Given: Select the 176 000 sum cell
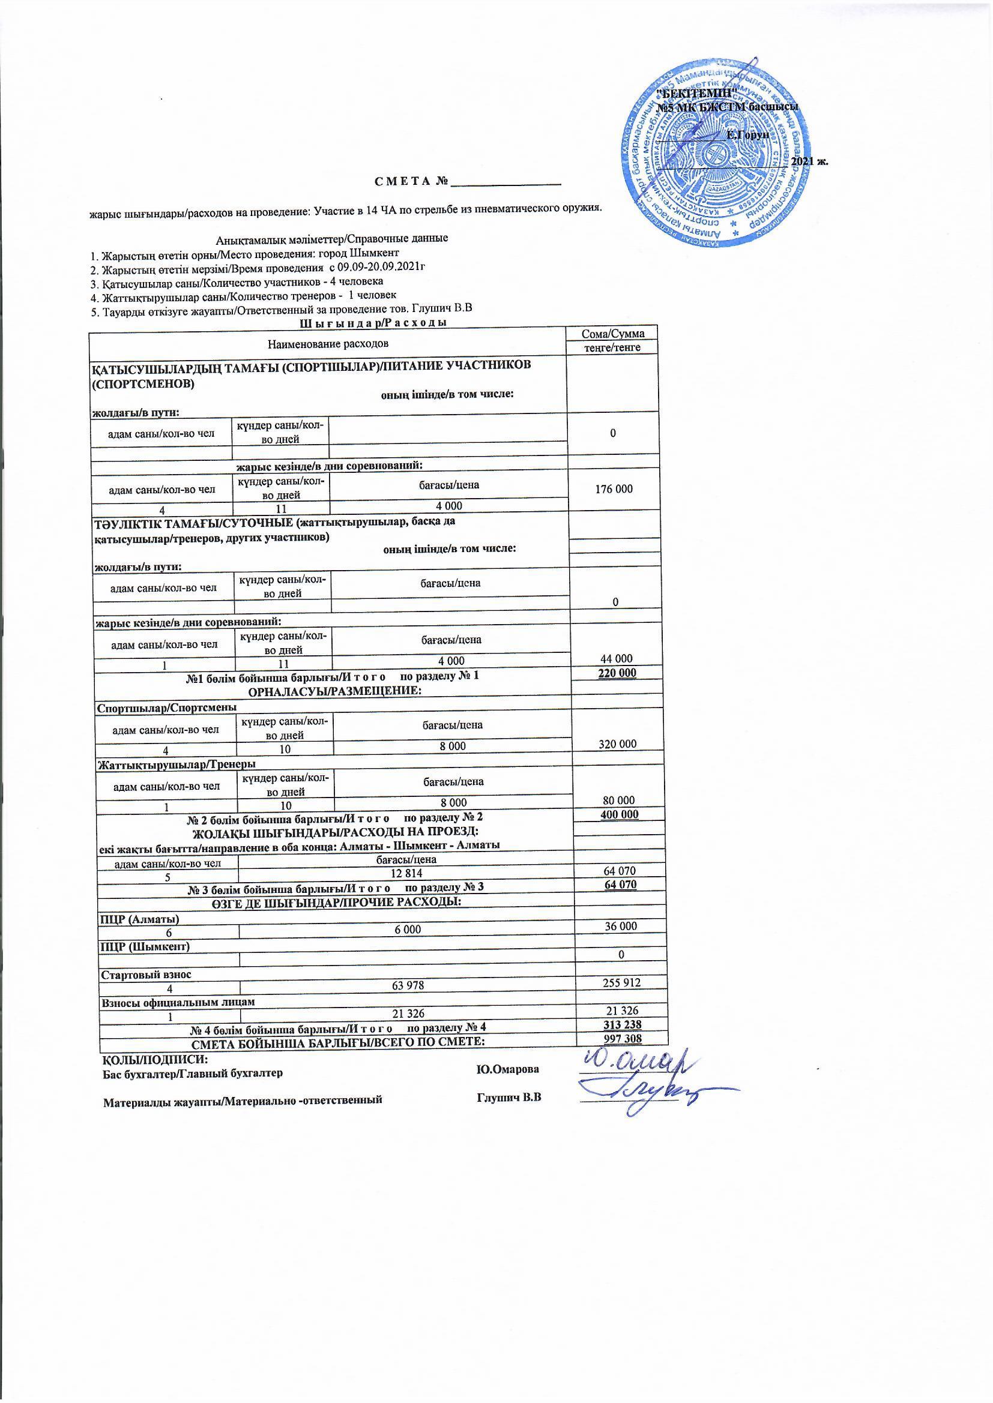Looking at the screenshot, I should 614,489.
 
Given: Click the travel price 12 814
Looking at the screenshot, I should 407,870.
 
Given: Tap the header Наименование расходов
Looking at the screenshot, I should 328,343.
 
